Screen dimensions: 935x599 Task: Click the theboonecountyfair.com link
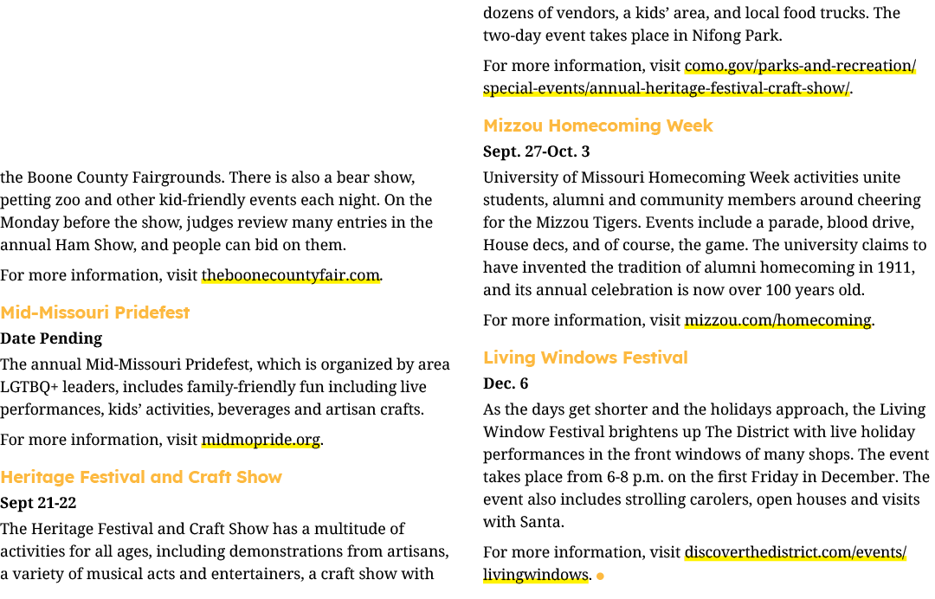[x=290, y=275]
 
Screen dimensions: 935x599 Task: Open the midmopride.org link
[x=261, y=440]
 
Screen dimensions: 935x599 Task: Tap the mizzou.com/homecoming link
[x=777, y=320]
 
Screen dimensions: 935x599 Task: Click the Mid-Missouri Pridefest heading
[x=95, y=312]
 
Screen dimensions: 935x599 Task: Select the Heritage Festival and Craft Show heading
[x=141, y=477]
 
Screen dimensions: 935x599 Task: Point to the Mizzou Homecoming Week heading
[x=598, y=126]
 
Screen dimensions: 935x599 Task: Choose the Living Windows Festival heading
[x=585, y=357]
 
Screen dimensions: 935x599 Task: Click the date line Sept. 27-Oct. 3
[x=536, y=151]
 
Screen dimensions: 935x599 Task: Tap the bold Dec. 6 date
[x=506, y=383]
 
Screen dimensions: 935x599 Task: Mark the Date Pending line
[x=51, y=338]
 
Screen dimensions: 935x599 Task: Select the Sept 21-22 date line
[x=38, y=503]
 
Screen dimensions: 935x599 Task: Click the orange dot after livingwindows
[x=600, y=576]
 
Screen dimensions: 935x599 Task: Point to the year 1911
[x=893, y=267]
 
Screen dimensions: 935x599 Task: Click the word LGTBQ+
[x=29, y=388]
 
